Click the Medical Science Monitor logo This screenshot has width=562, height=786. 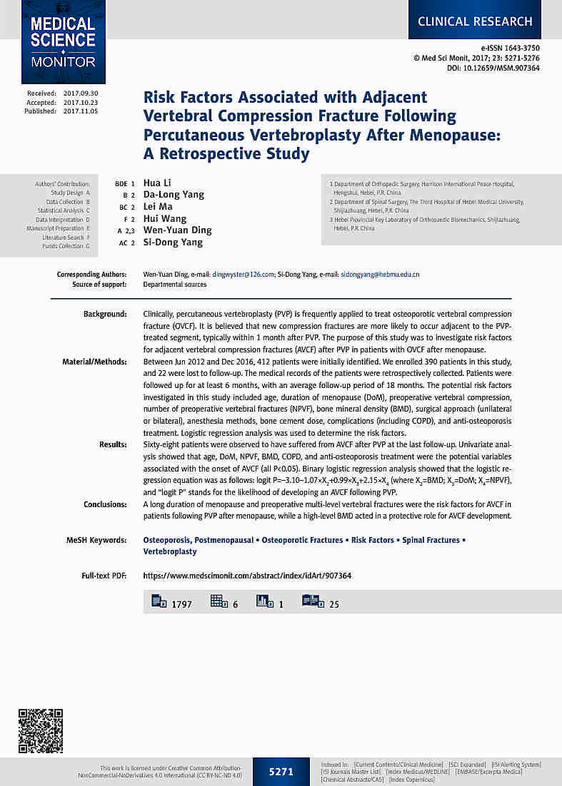pyautogui.click(x=63, y=42)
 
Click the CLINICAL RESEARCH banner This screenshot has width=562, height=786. pyautogui.click(x=475, y=21)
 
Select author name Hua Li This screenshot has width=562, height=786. pyautogui.click(x=157, y=183)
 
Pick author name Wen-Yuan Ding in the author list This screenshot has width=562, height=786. pyautogui.click(x=177, y=230)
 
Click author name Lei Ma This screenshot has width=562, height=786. pyautogui.click(x=158, y=207)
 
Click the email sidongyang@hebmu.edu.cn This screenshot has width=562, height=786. pyautogui.click(x=380, y=275)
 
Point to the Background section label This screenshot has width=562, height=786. pyautogui.click(x=105, y=315)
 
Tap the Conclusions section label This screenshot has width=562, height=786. pyautogui.click(x=105, y=504)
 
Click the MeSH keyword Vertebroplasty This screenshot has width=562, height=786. pyautogui.click(x=170, y=551)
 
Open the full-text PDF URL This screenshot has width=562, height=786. pyautogui.click(x=247, y=576)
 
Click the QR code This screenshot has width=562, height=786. pyautogui.click(x=40, y=731)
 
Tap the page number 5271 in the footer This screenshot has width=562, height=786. pyautogui.click(x=281, y=772)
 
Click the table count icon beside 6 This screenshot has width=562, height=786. pyautogui.click(x=218, y=601)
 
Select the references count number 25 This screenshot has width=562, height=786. pyautogui.click(x=334, y=604)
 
